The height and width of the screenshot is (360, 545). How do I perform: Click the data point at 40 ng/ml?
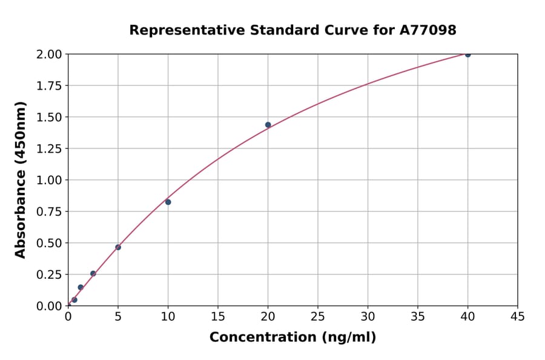pos(467,55)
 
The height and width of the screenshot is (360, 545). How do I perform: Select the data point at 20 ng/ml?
pos(268,125)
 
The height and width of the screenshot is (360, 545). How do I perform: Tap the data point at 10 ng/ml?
pos(168,202)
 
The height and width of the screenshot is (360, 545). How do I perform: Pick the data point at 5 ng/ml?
pos(118,247)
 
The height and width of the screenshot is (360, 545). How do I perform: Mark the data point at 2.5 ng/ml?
pos(93,273)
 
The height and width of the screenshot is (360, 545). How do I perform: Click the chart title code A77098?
pos(429,30)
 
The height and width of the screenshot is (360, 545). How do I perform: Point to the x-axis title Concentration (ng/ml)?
pos(292,338)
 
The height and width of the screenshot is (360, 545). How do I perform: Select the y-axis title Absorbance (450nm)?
pos(21,180)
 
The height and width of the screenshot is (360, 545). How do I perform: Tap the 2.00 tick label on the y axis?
pos(48,55)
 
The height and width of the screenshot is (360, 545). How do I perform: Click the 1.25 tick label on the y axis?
pos(48,148)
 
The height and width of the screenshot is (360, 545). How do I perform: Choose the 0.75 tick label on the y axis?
pos(48,212)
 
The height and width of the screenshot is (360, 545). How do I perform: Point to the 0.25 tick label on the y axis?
pos(48,275)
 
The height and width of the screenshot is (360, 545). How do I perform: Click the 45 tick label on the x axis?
pos(518,316)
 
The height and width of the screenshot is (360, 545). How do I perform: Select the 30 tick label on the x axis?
pos(368,316)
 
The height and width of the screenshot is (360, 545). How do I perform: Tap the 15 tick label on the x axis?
pos(218,316)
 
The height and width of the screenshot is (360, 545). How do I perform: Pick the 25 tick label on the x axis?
pos(318,316)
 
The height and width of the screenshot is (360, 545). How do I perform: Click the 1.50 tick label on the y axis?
pos(48,117)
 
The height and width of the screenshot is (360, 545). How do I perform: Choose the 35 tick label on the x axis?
pos(418,316)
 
